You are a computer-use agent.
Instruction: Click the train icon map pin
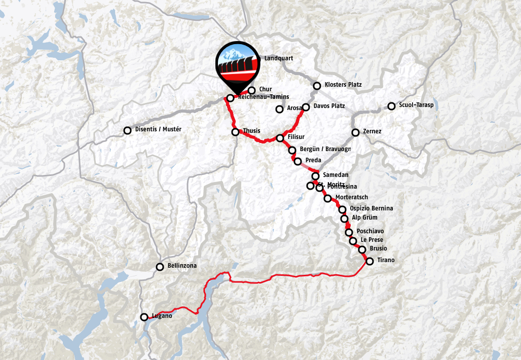pos(236,64)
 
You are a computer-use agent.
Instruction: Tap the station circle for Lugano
pos(144,317)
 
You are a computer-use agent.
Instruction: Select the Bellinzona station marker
pos(160,266)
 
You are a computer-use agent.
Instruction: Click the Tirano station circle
pos(369,261)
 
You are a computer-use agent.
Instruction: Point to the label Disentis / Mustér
pos(158,129)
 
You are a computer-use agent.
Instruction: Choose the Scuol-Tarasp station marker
pos(391,106)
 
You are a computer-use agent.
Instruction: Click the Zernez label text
pos(373,131)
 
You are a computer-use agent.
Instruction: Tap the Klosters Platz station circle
pos(317,86)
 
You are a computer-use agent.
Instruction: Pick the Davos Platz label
pos(329,106)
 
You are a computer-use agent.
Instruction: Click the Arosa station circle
pos(279,109)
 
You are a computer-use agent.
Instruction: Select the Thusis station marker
pos(235,132)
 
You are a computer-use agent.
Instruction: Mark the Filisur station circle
pos(280,138)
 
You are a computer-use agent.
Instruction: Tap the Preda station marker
pos(297,161)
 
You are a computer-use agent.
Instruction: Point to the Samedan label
pos(336,174)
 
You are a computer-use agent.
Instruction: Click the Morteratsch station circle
pos(327,198)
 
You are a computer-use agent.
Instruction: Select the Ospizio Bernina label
pos(371,208)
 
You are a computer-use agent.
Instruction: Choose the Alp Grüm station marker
pos(345,219)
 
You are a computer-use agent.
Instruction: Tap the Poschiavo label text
pos(370,231)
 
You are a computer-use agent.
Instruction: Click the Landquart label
pos(279,58)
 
